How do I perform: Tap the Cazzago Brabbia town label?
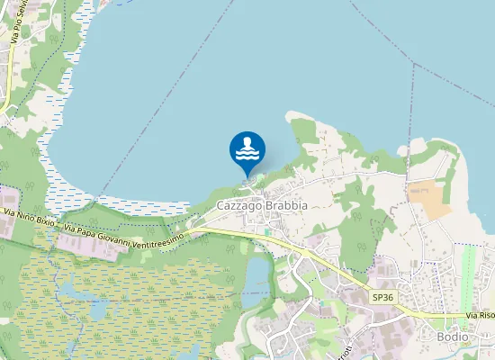[262, 206]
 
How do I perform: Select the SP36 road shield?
[383, 297]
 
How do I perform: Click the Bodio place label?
[452, 337]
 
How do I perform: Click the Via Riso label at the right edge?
[481, 316]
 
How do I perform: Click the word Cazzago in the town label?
[238, 206]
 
